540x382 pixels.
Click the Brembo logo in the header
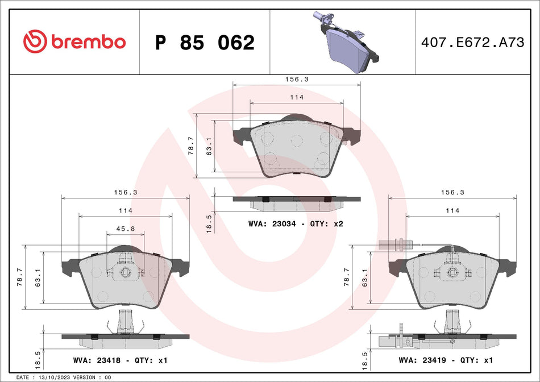pos(74,41)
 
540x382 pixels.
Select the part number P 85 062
pos(205,43)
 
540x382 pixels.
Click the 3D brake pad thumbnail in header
pos(347,40)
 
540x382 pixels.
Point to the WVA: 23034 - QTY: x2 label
pos(296,224)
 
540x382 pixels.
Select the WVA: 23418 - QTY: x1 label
pos(120,360)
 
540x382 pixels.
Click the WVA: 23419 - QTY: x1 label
pos(446,360)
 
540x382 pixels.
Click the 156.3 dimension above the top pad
pos(297,80)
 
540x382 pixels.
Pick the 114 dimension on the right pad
pos(452,210)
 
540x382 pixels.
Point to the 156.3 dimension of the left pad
pos(126,192)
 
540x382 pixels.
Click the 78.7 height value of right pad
pos(346,277)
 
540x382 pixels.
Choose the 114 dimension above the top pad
pos(297,97)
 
